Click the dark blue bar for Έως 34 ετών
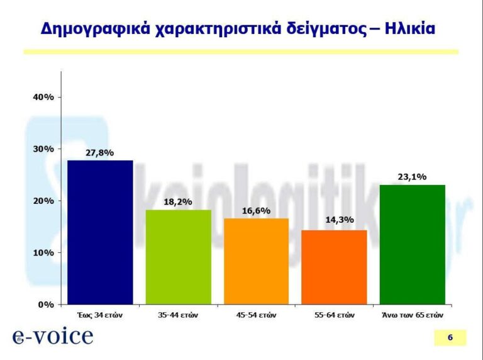100,232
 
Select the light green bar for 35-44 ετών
178,257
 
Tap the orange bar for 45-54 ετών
256,261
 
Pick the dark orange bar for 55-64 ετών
334,267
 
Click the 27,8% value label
100,152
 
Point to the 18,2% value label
178,202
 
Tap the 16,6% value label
256,211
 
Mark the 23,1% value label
413,177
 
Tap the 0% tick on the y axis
46,305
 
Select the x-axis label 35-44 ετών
178,314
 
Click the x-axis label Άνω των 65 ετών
413,314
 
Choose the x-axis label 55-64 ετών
334,314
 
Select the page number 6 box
450,337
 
